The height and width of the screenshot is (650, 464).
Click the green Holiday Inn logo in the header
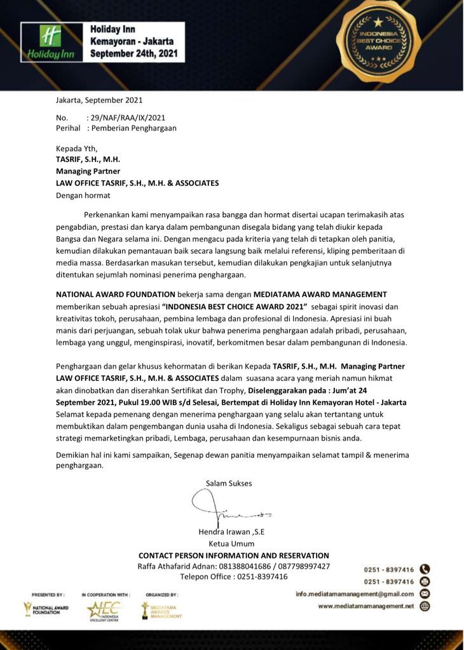(x=50, y=42)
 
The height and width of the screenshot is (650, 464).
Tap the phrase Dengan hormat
(x=83, y=195)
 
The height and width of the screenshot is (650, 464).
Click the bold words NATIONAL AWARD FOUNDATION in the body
(x=116, y=295)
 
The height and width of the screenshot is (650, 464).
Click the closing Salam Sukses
(x=229, y=483)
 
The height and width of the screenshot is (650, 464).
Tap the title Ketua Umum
(x=231, y=543)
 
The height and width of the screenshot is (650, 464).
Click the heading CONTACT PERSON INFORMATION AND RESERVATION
(x=234, y=555)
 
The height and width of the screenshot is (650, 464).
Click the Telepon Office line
(x=234, y=577)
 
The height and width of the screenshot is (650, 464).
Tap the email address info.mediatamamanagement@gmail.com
(x=355, y=594)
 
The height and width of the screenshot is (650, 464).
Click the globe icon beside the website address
(x=425, y=606)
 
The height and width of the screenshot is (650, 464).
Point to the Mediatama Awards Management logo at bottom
(x=161, y=610)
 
